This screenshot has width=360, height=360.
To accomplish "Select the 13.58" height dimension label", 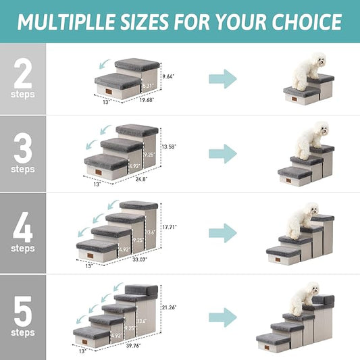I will click(169, 146).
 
